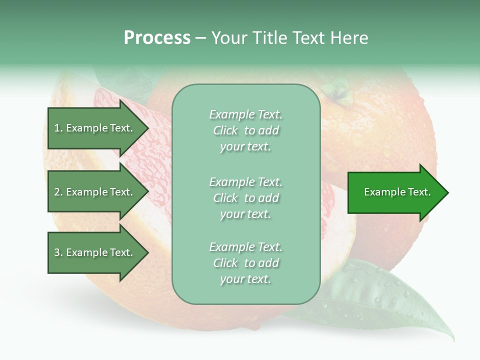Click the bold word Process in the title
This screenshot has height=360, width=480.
pyautogui.click(x=157, y=37)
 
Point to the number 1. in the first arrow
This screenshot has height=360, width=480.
pyautogui.click(x=58, y=128)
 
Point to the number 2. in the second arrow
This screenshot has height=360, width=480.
pyautogui.click(x=58, y=192)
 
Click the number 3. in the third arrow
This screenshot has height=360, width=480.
pyautogui.click(x=58, y=252)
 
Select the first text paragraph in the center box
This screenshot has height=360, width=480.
pyautogui.click(x=245, y=130)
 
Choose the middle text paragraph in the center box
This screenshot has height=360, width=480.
pyautogui.click(x=245, y=198)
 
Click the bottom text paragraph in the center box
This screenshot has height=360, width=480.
pyautogui.click(x=245, y=263)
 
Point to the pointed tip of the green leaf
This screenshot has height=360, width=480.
pyautogui.click(x=453, y=340)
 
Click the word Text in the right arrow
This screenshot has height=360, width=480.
pyautogui.click(x=419, y=192)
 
